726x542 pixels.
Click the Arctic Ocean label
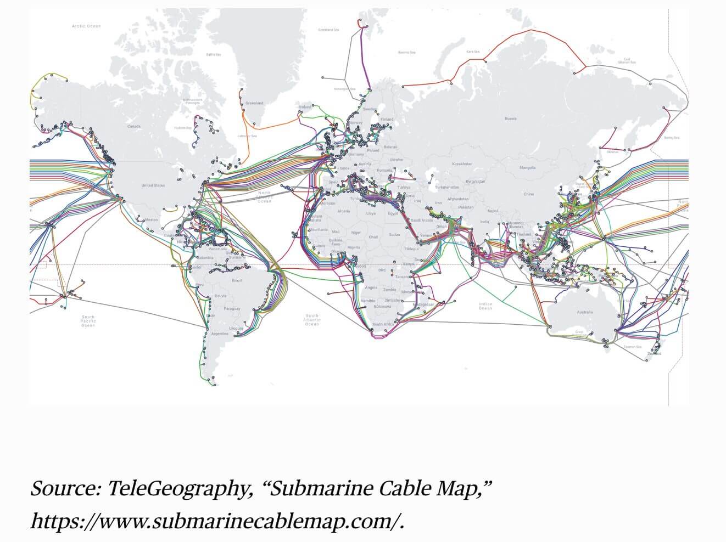click(86, 26)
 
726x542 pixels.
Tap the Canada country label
click(134, 126)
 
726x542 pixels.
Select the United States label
click(153, 185)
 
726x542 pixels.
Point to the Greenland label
click(254, 103)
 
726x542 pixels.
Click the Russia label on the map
click(511, 118)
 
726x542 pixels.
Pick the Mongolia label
click(527, 167)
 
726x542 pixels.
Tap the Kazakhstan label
click(462, 163)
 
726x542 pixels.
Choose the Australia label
click(585, 312)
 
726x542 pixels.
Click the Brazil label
click(237, 280)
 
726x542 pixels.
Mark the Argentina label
click(220, 334)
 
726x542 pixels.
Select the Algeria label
click(344, 211)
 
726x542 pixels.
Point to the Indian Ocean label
click(485, 306)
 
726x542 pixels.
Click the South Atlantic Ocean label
click(312, 320)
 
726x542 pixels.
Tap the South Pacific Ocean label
click(88, 321)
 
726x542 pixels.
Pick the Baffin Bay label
click(214, 55)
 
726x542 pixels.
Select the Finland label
click(387, 119)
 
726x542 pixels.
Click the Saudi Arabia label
click(422, 220)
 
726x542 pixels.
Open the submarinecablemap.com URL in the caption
click(217, 521)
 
